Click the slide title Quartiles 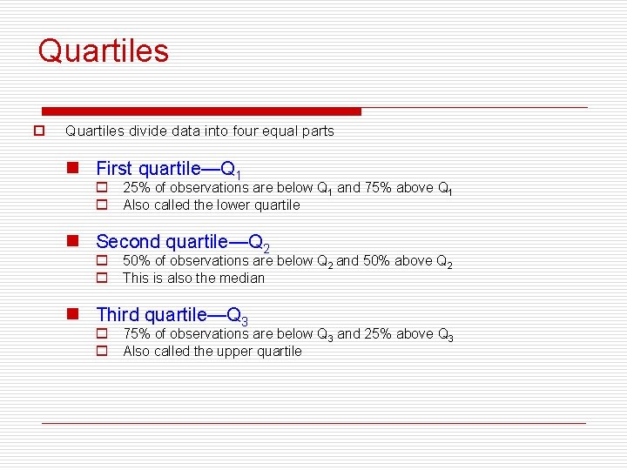103,50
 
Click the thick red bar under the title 201,111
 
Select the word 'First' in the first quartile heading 114,168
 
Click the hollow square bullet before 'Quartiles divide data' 38,131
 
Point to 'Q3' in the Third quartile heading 238,316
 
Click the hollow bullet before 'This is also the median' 101,279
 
